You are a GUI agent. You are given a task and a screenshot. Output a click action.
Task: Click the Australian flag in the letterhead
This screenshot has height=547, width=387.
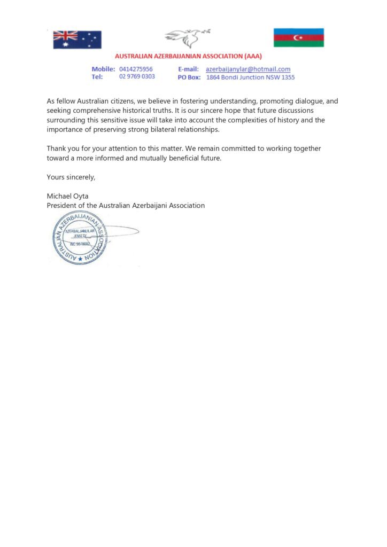coord(77,39)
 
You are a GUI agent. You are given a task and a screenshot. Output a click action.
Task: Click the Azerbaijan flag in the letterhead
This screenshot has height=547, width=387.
coord(298,37)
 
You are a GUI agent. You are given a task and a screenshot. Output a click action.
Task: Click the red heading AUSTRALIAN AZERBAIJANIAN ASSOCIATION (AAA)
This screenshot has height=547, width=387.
coord(189,56)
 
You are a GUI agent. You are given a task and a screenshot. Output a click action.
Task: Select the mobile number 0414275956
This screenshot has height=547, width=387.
coord(136,69)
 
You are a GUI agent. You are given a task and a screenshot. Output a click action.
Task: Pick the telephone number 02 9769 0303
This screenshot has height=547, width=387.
coord(137,77)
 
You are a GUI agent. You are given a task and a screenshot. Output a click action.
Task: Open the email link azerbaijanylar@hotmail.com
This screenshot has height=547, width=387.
coord(248,69)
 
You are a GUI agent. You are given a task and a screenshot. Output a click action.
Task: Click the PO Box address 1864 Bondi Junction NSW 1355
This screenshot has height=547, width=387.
coord(250,77)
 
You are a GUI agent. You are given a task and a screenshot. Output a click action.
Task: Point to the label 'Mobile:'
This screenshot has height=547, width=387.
coord(103,69)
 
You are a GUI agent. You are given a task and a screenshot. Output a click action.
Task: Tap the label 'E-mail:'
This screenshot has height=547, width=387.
coord(188,69)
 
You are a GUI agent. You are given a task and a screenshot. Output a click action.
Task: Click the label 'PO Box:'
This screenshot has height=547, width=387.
coord(189,77)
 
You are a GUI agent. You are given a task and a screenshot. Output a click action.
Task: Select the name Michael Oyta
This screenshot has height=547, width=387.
coord(68,196)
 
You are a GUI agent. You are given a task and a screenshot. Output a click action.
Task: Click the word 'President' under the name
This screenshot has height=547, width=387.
coord(62,205)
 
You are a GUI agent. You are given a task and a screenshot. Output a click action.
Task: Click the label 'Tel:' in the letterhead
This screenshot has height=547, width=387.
coord(97,77)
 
